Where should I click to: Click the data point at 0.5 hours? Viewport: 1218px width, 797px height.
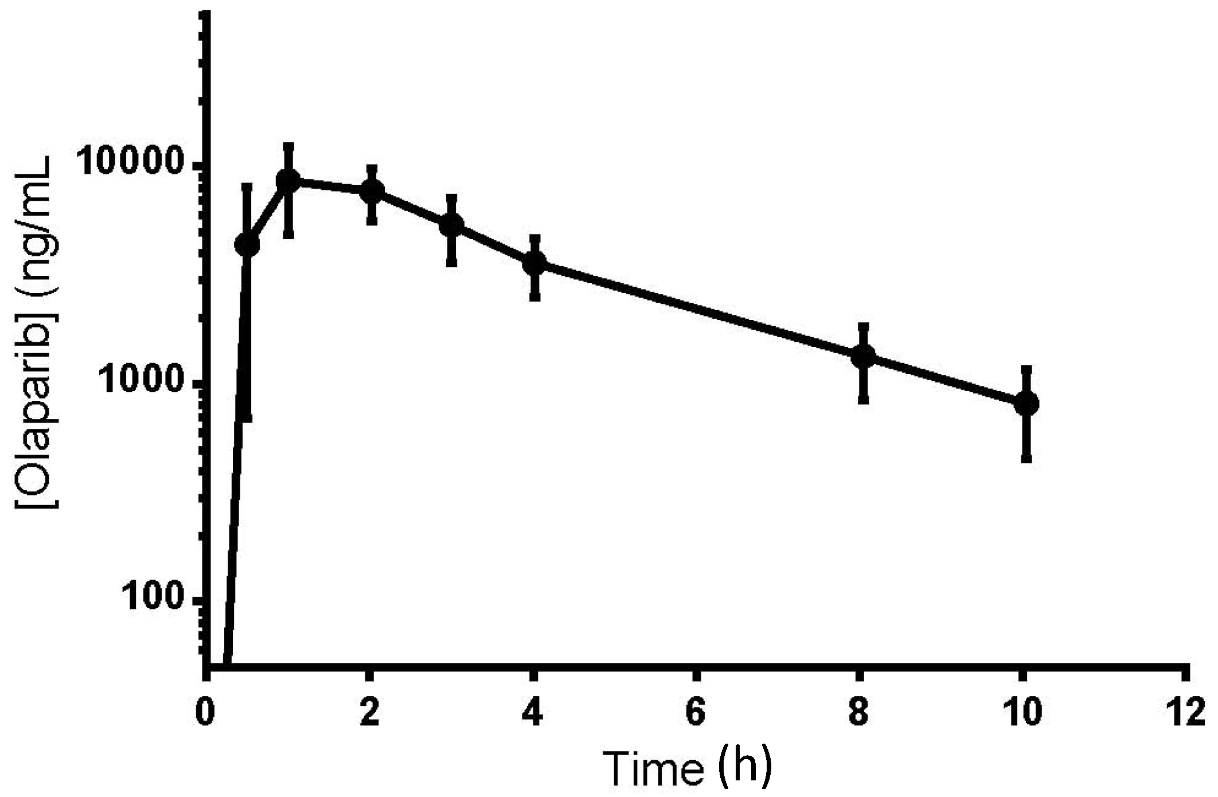tap(247, 245)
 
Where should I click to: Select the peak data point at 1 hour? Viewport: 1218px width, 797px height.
tap(288, 181)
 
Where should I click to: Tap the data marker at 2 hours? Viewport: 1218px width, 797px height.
tap(372, 191)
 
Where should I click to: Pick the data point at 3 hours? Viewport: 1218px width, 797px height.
tap(452, 225)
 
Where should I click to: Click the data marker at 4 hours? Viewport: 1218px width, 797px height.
tap(534, 263)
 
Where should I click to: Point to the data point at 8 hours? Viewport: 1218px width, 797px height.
tap(864, 357)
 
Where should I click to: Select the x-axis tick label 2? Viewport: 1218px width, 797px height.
tap(370, 713)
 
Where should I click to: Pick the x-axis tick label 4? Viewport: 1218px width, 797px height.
tap(533, 713)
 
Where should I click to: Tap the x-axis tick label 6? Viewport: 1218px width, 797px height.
tap(696, 713)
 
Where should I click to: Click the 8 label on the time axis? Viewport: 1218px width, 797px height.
tap(859, 713)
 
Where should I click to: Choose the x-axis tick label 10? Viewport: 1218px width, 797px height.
tap(1021, 713)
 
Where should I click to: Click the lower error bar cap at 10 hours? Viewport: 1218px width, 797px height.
tap(1026, 458)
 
